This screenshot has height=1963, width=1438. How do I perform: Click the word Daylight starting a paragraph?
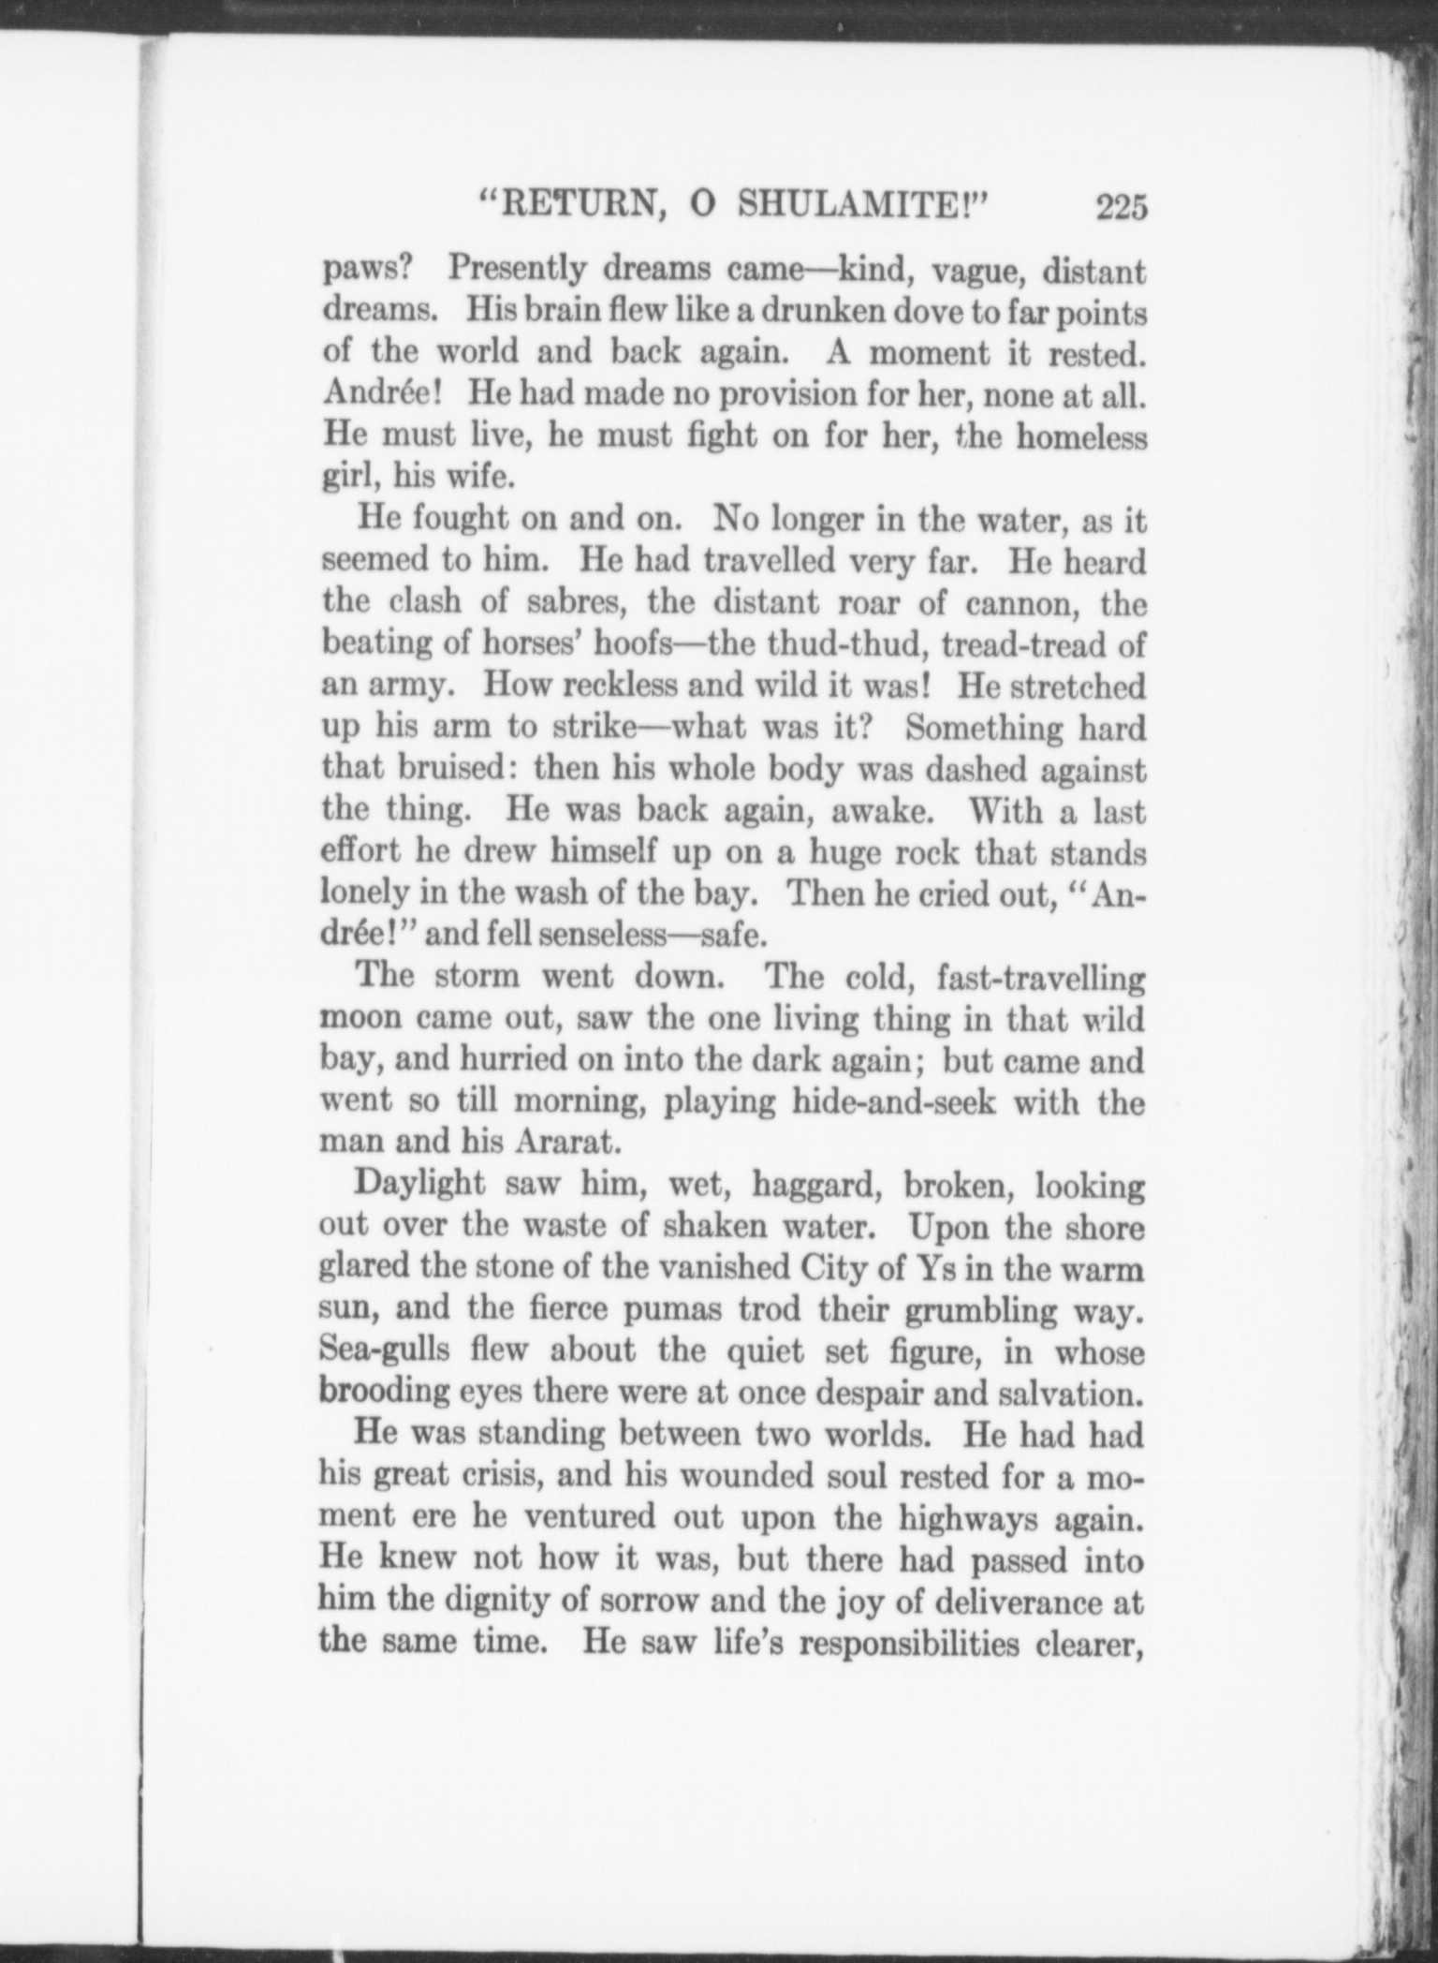[420, 1184]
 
